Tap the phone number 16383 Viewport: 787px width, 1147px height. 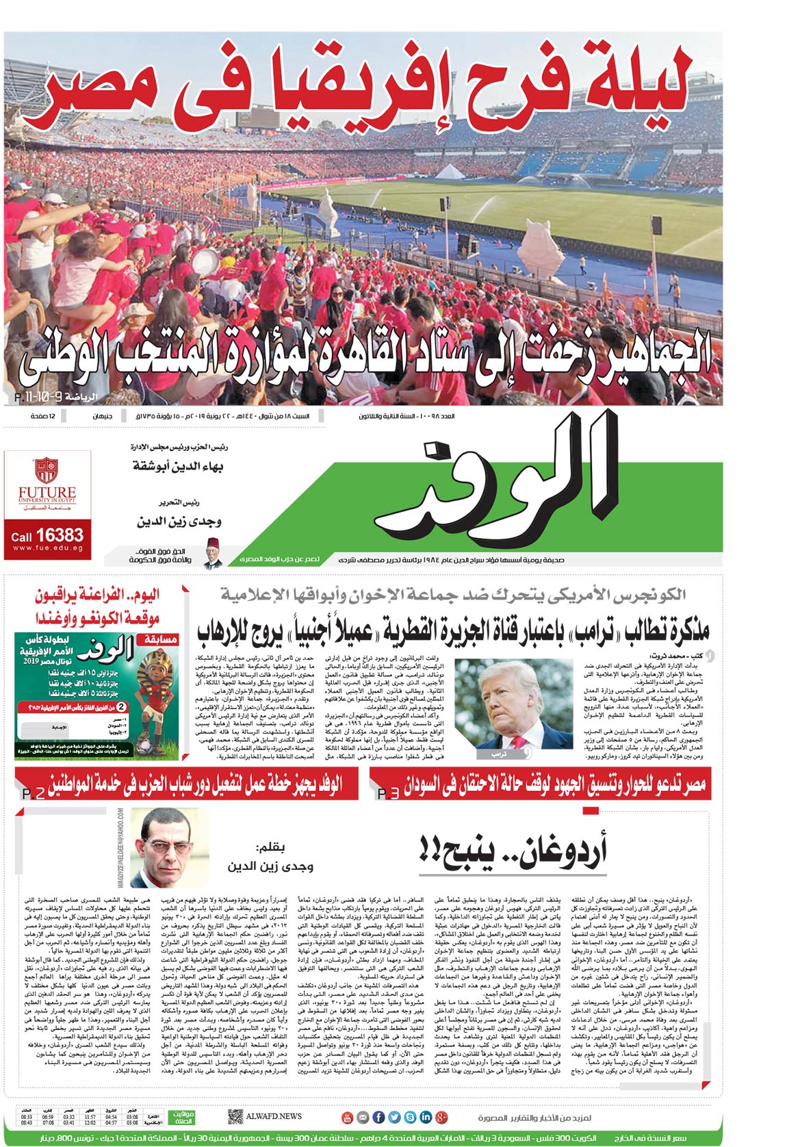pyautogui.click(x=60, y=534)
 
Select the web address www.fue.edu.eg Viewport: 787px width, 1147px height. pyautogui.click(x=47, y=548)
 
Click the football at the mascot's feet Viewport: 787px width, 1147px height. pyautogui.click(x=146, y=745)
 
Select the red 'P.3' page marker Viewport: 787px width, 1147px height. pyautogui.click(x=388, y=794)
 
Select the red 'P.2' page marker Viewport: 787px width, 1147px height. pyautogui.click(x=34, y=794)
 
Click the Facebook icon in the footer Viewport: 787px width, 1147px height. pyautogui.click(x=378, y=1117)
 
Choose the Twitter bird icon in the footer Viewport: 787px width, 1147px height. pyautogui.click(x=394, y=1117)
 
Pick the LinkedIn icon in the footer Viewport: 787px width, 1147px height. pyautogui.click(x=426, y=1117)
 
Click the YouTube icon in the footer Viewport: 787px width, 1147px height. pyautogui.click(x=347, y=1117)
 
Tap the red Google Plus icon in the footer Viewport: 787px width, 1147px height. pyautogui.click(x=441, y=1117)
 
